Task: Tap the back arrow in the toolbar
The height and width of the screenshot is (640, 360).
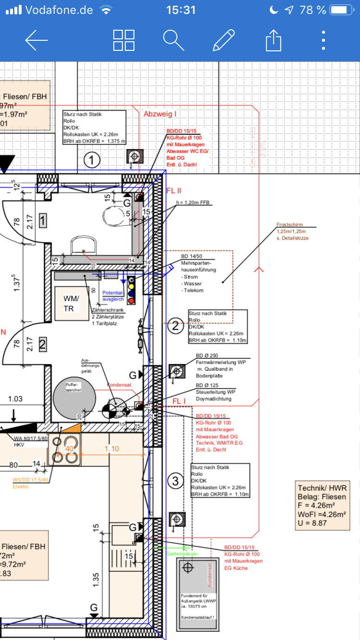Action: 36,40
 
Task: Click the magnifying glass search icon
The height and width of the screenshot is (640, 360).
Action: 173,40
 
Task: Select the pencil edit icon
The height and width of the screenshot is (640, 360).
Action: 224,40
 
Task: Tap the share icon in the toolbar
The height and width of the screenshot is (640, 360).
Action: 273,40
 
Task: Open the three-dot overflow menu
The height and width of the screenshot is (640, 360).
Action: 324,40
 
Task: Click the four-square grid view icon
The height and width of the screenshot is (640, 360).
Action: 124,40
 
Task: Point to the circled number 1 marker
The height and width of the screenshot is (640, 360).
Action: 92,160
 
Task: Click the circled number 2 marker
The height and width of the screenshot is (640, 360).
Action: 176,327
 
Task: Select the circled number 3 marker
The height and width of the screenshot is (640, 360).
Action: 176,480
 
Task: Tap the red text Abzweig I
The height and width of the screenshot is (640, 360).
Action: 160,114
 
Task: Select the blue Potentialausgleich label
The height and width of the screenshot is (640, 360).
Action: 113,296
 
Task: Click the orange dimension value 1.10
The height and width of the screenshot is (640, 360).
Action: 112,449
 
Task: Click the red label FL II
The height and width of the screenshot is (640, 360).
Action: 173,190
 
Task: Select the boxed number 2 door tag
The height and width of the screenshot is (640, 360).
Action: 43,344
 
